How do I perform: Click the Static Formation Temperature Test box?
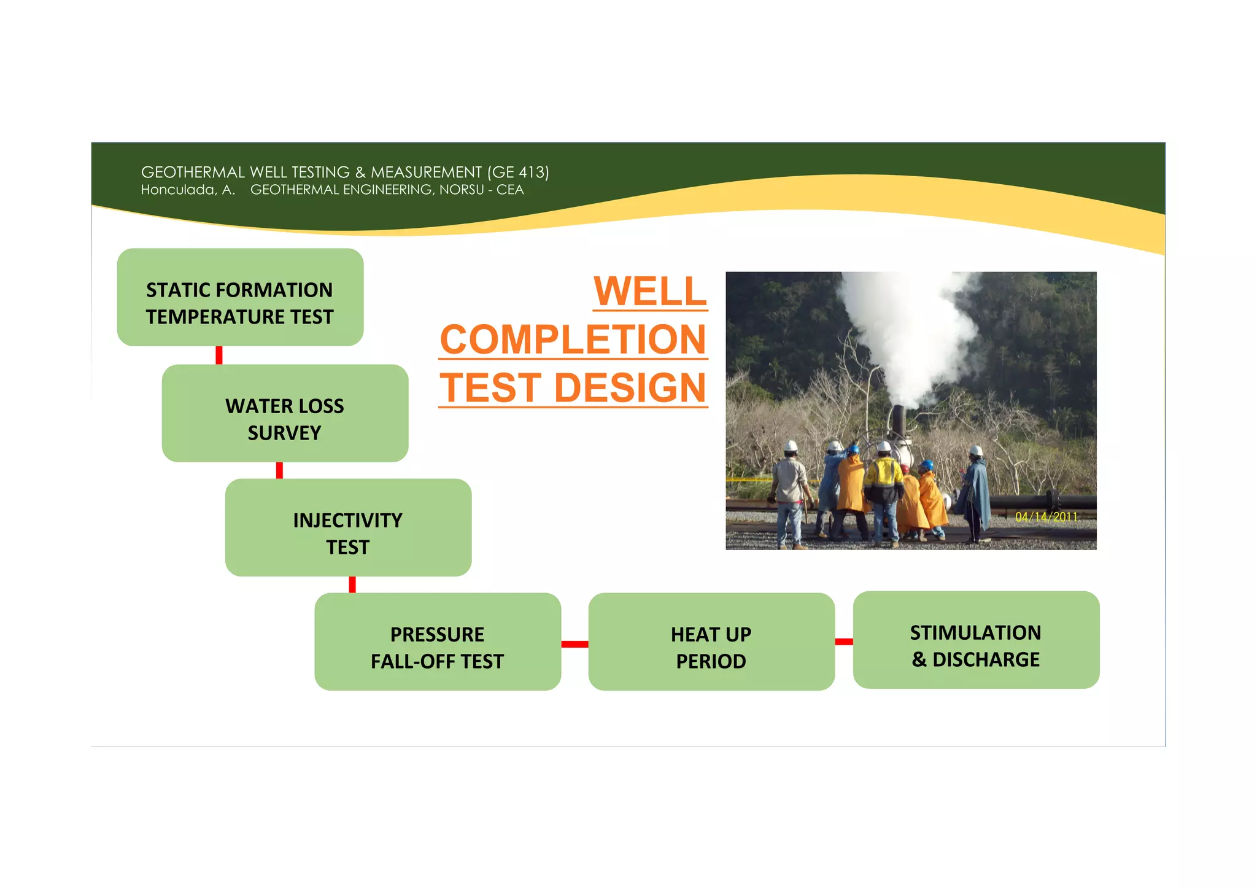240,297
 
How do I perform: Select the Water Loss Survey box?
285,413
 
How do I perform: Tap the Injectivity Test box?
348,527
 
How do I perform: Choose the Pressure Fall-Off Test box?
438,642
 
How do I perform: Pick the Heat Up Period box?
711,642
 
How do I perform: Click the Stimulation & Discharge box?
976,640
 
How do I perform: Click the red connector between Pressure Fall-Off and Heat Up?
574,644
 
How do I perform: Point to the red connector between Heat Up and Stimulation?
844,642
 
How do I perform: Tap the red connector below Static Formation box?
219,355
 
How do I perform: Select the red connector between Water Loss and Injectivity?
279,470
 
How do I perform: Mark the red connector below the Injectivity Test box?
352,584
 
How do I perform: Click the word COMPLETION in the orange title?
573,340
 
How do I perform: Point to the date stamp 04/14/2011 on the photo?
1046,517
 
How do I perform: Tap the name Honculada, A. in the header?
188,190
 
